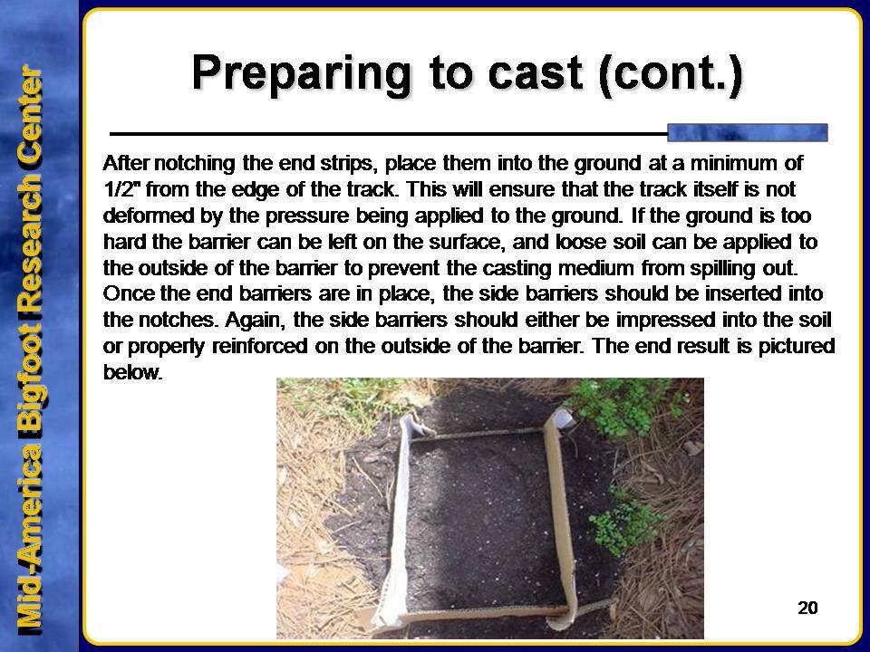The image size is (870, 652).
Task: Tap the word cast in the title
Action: (536, 74)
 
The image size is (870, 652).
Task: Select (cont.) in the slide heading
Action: (671, 74)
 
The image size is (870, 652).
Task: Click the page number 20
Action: (807, 609)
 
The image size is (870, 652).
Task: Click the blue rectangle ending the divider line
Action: (747, 133)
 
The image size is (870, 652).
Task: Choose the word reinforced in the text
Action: (260, 347)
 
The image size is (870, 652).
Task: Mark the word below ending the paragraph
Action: (133, 372)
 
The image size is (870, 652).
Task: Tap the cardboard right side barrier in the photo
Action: (559, 522)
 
